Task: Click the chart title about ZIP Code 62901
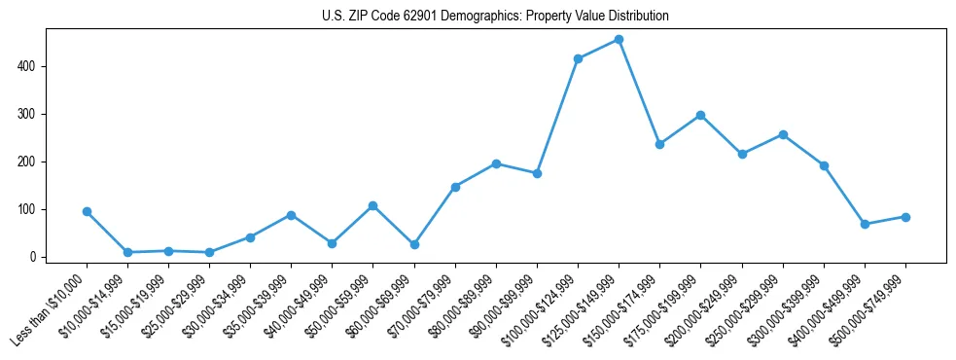[x=495, y=17]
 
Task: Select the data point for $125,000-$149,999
[x=619, y=40]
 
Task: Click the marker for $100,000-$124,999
[x=578, y=58]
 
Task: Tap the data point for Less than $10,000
[x=87, y=211]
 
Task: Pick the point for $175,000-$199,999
[x=700, y=115]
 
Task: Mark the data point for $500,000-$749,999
[x=905, y=217]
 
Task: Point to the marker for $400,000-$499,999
[x=865, y=224]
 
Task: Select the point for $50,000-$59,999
[x=372, y=206]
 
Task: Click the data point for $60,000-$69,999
[x=414, y=244]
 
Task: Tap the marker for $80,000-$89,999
[x=496, y=163]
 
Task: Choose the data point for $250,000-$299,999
[x=783, y=134]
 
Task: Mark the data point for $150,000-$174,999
[x=659, y=144]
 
